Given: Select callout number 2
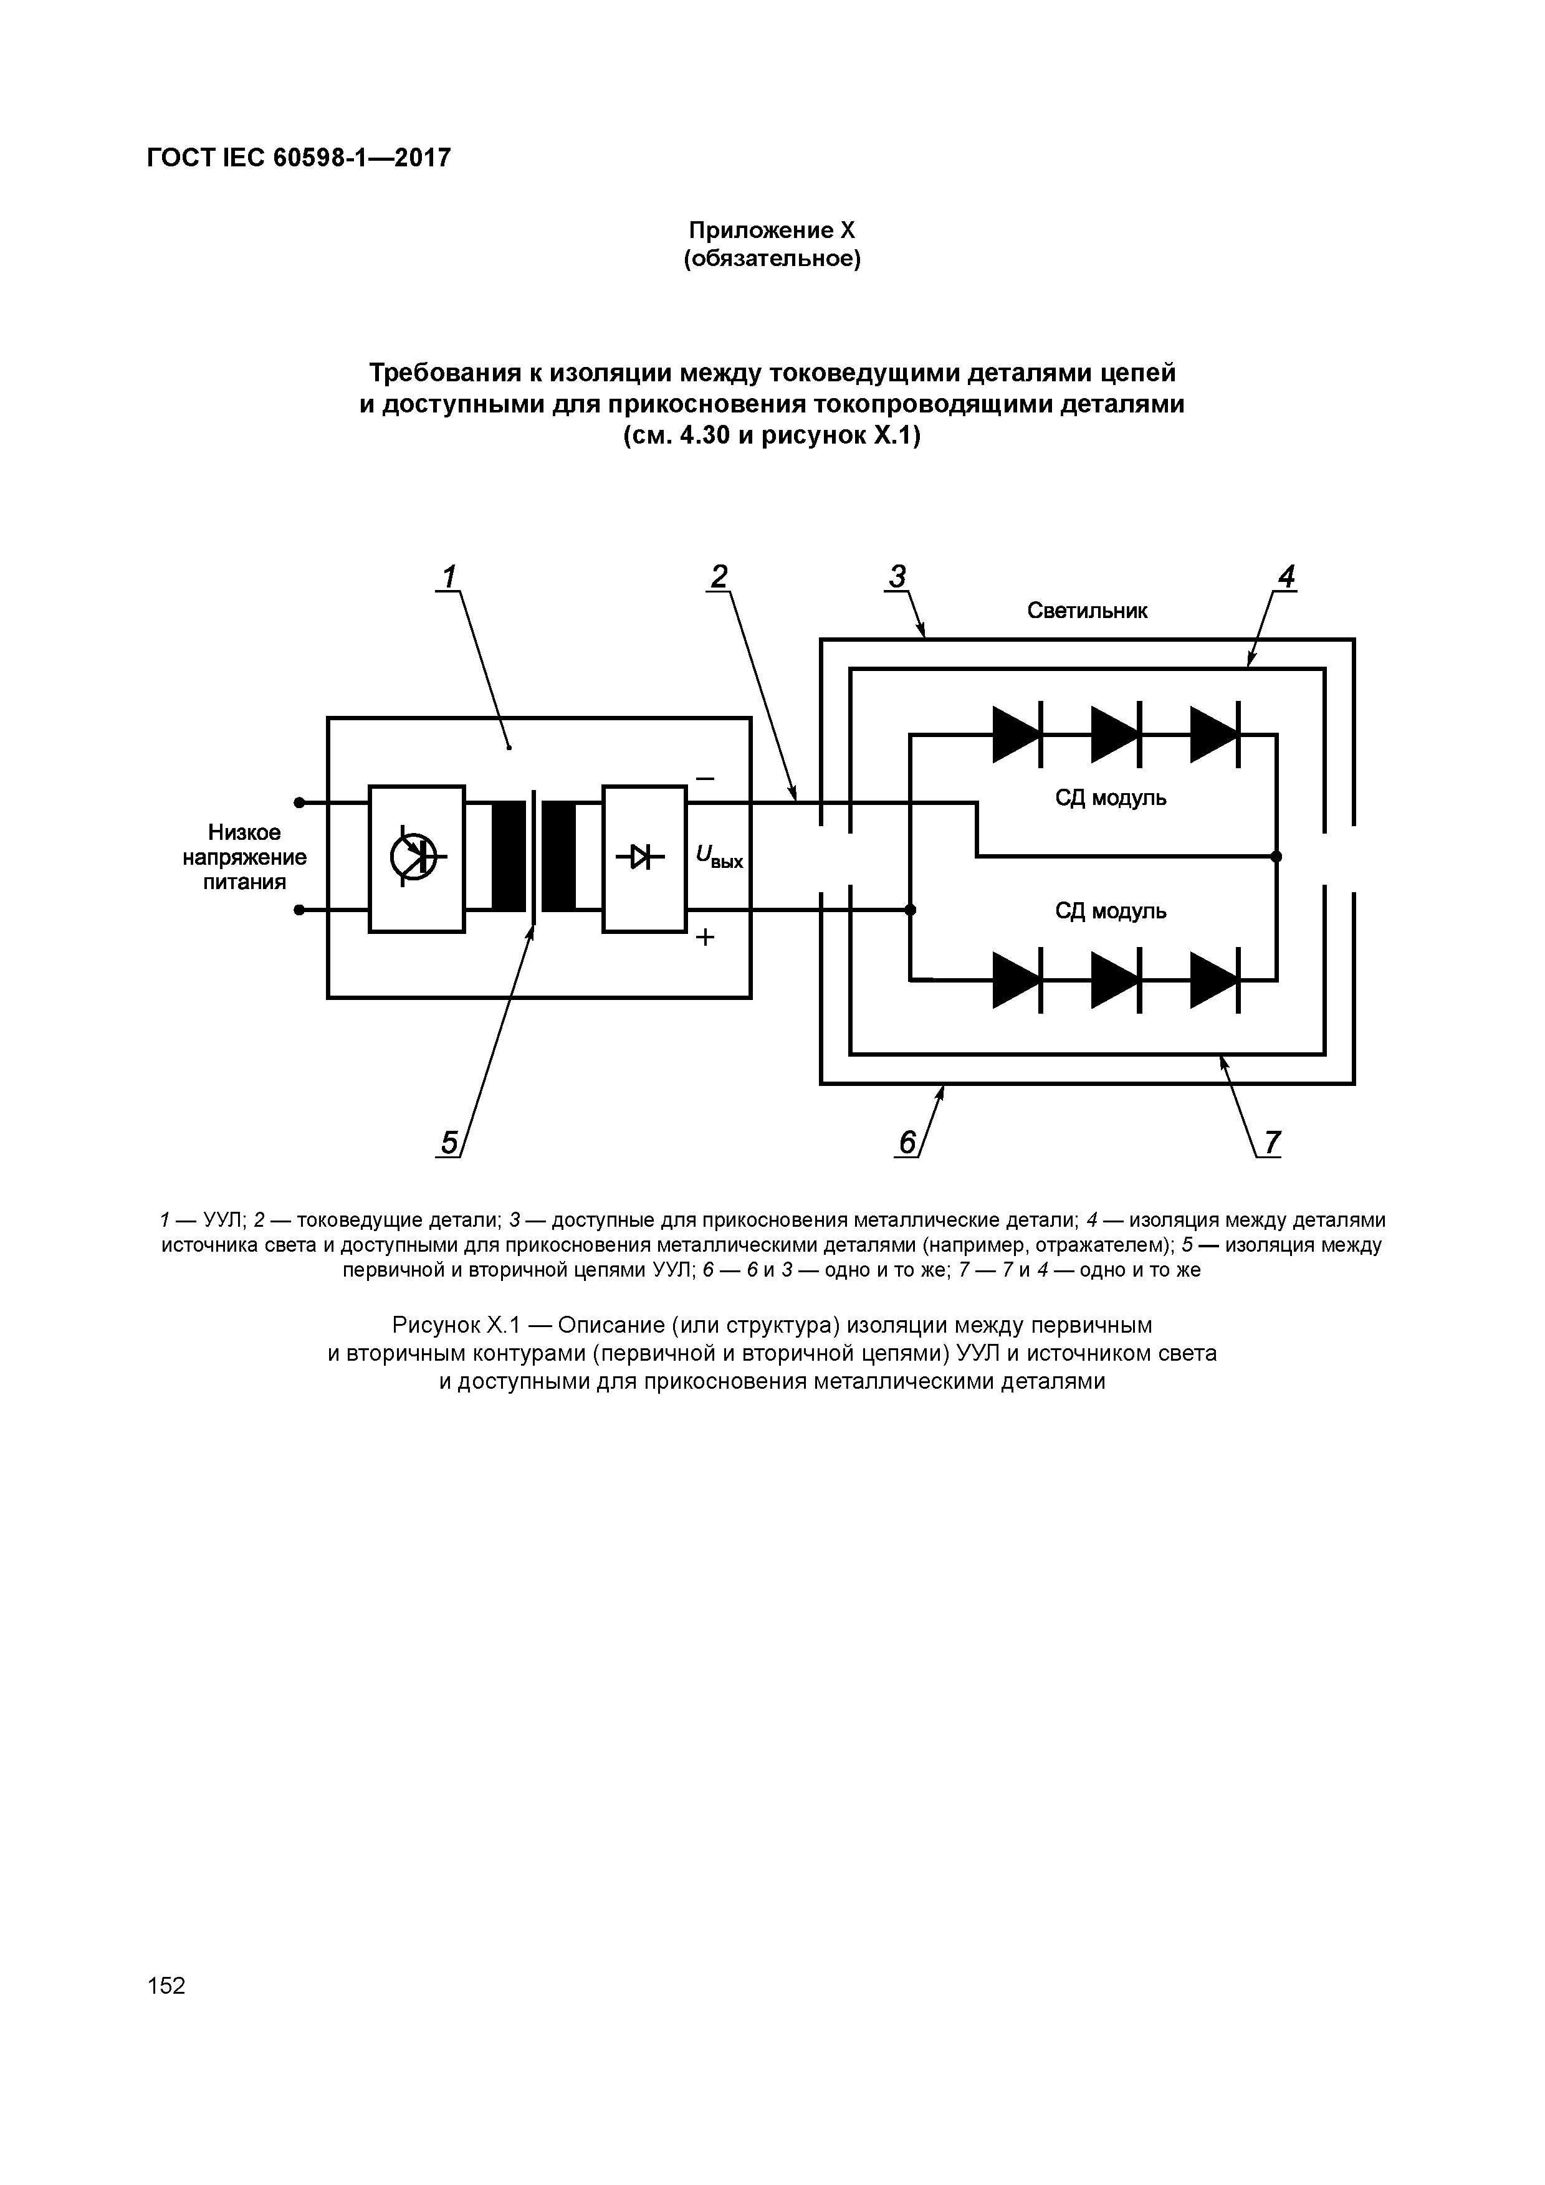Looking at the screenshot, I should [719, 577].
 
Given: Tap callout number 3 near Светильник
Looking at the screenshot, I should [897, 577].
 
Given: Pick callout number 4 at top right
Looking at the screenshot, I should [1286, 577].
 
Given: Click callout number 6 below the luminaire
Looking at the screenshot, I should [907, 1142].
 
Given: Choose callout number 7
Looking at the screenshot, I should [1273, 1142].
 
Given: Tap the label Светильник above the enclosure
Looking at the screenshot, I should [1087, 611].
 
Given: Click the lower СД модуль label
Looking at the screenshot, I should [1110, 912].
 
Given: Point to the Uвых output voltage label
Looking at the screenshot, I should [719, 859].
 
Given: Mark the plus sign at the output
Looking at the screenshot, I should [704, 938].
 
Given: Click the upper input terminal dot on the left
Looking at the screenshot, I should [299, 802].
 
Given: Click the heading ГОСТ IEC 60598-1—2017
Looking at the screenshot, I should [298, 158].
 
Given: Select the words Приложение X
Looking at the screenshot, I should [772, 231].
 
